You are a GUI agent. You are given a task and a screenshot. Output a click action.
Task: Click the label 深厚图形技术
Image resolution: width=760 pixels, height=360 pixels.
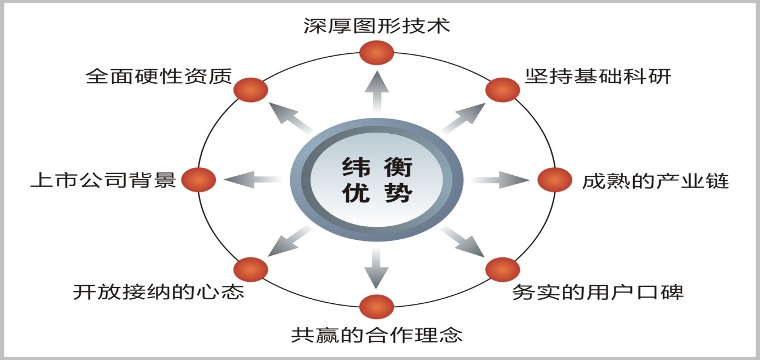coord(376,26)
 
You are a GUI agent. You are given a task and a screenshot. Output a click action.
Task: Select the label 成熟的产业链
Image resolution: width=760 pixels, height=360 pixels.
coord(655,181)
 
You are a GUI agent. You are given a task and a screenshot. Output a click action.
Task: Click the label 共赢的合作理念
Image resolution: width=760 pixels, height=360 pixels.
coord(376,334)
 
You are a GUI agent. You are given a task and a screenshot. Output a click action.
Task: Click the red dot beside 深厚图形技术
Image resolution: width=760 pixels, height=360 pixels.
coord(376,53)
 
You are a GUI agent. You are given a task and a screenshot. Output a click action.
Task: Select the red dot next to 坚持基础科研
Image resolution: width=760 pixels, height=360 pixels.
coord(503,90)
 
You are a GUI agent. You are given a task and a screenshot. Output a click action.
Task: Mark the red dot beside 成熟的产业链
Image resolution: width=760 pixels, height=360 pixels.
coord(555,180)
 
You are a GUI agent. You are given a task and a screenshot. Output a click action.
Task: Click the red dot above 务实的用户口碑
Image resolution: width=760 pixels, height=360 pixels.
coord(503,269)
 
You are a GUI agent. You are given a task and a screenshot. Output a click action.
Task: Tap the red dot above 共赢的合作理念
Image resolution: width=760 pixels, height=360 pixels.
coord(376,307)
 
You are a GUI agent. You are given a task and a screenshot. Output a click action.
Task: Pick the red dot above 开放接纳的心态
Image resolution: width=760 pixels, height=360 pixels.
coord(250,269)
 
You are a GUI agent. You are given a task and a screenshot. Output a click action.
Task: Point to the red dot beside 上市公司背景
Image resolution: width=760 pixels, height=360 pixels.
coord(198,180)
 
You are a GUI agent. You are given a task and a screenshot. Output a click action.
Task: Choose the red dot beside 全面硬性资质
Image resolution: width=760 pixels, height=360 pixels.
coord(250,90)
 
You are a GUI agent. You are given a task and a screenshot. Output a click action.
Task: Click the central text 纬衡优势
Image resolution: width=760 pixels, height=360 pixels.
coord(377,181)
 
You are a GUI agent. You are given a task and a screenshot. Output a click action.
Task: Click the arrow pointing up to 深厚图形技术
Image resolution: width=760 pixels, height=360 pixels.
coord(376,91)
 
